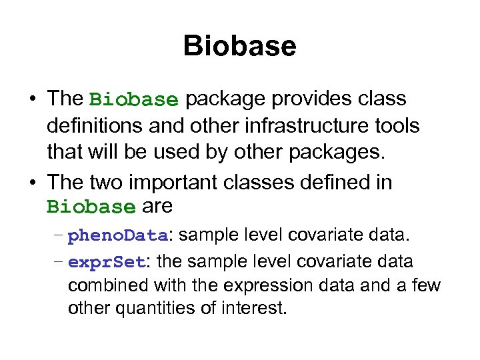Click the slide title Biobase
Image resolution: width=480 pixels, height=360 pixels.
point(239,47)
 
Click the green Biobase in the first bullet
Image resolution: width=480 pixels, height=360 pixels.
point(134,100)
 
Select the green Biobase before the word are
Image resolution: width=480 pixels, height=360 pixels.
point(91,207)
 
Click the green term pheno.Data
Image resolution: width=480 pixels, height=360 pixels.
point(119,236)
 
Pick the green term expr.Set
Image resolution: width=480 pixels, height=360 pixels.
point(107,263)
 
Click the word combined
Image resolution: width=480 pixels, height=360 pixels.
point(109,285)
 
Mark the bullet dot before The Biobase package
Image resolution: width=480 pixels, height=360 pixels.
point(32,100)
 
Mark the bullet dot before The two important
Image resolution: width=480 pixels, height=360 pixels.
point(32,183)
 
